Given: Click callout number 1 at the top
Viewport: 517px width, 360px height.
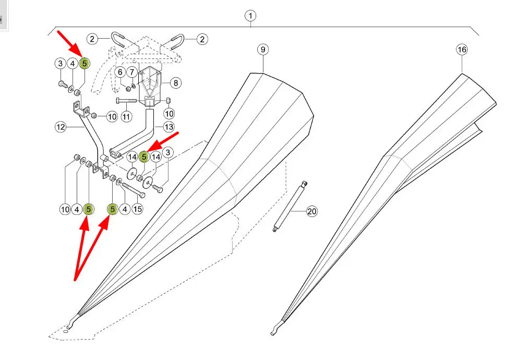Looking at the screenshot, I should click(251, 16).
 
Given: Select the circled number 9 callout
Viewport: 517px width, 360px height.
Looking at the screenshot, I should click(263, 50).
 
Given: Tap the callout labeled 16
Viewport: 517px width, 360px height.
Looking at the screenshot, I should click(462, 50).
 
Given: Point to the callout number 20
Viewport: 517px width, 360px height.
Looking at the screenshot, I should click(312, 211).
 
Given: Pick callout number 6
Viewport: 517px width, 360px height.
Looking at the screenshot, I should click(121, 71).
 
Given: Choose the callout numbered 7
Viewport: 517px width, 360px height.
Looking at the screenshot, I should click(133, 71).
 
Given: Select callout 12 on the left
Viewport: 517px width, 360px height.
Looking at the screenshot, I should click(61, 126).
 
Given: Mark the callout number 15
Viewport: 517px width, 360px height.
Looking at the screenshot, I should click(137, 209).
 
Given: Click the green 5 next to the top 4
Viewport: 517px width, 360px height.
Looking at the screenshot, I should click(85, 64).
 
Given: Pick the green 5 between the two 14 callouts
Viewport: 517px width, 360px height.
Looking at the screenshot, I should click(144, 155).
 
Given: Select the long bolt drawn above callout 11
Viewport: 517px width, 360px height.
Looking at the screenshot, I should click(126, 100).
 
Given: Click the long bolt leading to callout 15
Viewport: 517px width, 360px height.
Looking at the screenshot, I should click(134, 189).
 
